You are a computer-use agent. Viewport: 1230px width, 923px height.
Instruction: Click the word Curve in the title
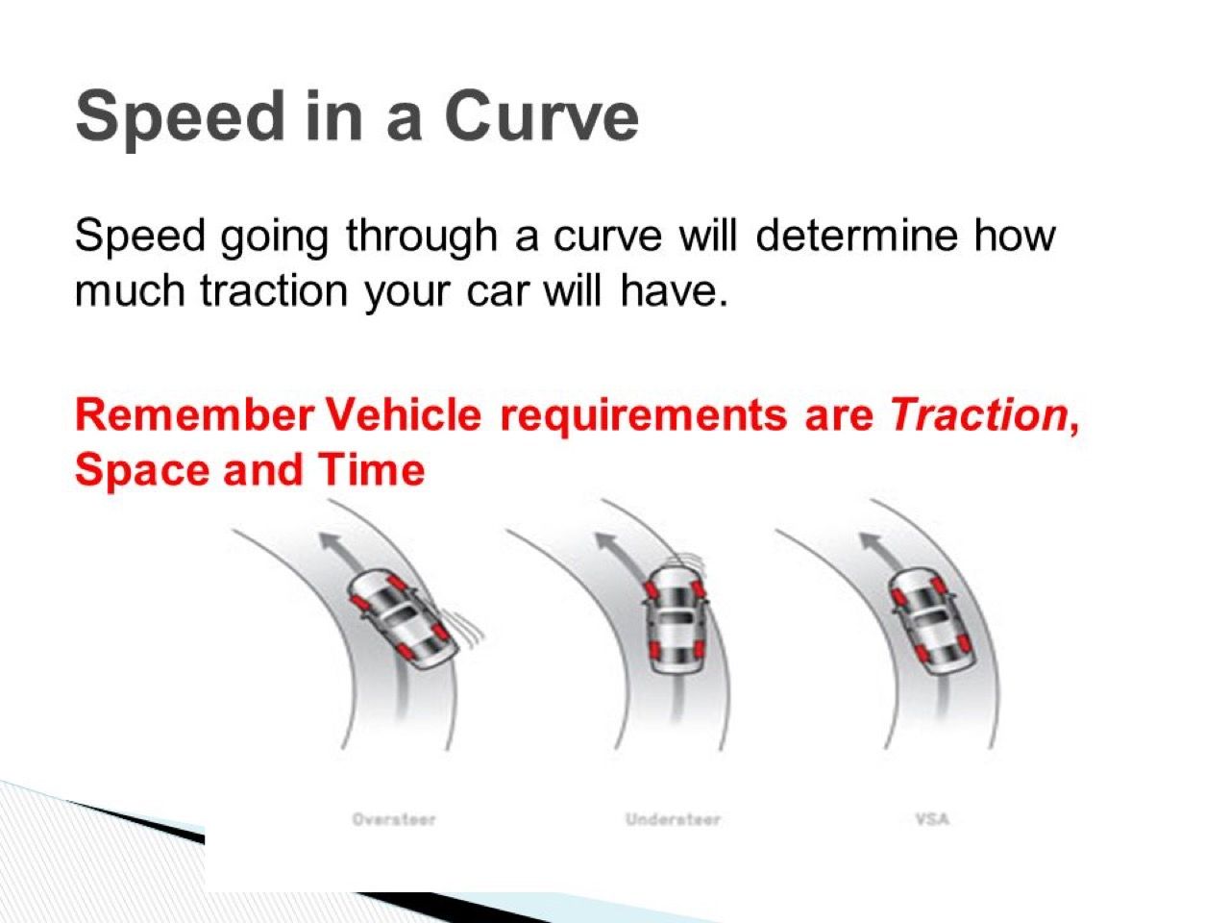[x=541, y=116]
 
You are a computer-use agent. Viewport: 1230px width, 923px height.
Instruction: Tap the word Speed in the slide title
[x=181, y=120]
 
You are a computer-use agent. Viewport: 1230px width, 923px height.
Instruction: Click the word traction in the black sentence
[x=274, y=291]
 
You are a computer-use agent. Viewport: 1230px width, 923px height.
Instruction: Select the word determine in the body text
[x=856, y=235]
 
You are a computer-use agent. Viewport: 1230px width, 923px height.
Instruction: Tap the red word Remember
[x=194, y=415]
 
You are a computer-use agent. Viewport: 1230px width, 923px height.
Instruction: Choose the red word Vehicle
[x=404, y=415]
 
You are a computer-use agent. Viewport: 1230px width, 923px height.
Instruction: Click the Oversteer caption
[x=393, y=820]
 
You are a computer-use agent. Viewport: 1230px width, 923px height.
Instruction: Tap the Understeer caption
[x=673, y=820]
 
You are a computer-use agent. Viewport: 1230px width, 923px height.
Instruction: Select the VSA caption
[x=932, y=819]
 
